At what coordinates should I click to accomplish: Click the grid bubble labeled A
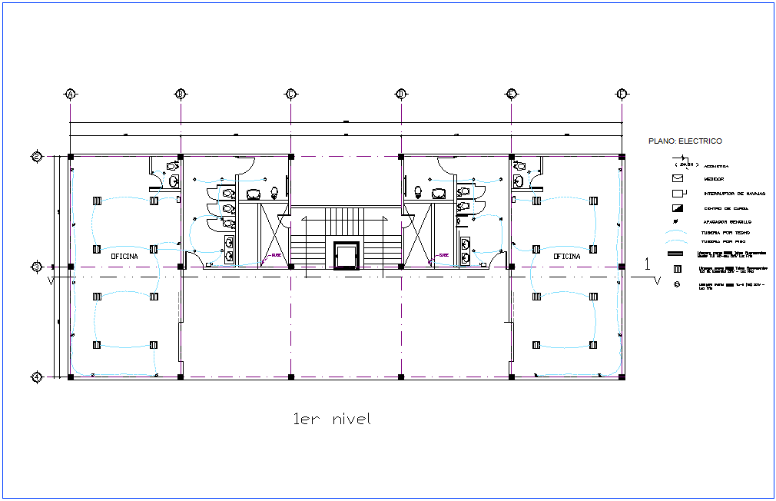[x=70, y=94]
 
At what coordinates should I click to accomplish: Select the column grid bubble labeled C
[x=290, y=94]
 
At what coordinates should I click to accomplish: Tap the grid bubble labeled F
[x=621, y=94]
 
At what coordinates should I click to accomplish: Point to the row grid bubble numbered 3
[x=36, y=267]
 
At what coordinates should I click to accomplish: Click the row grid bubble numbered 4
[x=36, y=377]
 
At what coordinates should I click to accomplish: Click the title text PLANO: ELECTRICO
[x=685, y=141]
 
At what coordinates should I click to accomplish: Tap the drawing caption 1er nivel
[x=332, y=419]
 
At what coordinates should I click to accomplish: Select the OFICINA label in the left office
[x=124, y=256]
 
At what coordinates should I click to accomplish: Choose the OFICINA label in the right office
[x=566, y=256]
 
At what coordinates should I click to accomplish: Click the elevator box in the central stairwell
[x=346, y=255]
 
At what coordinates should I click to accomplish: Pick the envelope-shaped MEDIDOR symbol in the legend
[x=677, y=178]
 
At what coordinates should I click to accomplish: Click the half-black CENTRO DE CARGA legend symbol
[x=677, y=208]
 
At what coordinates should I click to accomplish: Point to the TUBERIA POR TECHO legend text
[x=726, y=232]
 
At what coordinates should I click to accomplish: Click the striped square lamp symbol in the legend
[x=677, y=269]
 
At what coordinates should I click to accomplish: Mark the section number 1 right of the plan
[x=647, y=264]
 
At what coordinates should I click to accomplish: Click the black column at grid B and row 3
[x=181, y=267]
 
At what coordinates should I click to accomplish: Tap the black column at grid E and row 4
[x=511, y=377]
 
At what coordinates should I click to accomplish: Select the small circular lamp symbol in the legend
[x=677, y=284]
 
